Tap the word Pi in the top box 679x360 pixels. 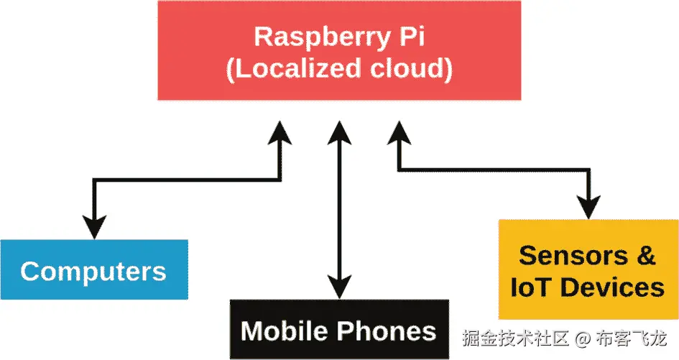pos(410,37)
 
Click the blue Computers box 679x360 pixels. pos(93,270)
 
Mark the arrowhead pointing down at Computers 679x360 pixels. pos(93,226)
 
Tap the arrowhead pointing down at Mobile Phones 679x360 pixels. pos(338,287)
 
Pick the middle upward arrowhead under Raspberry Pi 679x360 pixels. pos(338,131)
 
